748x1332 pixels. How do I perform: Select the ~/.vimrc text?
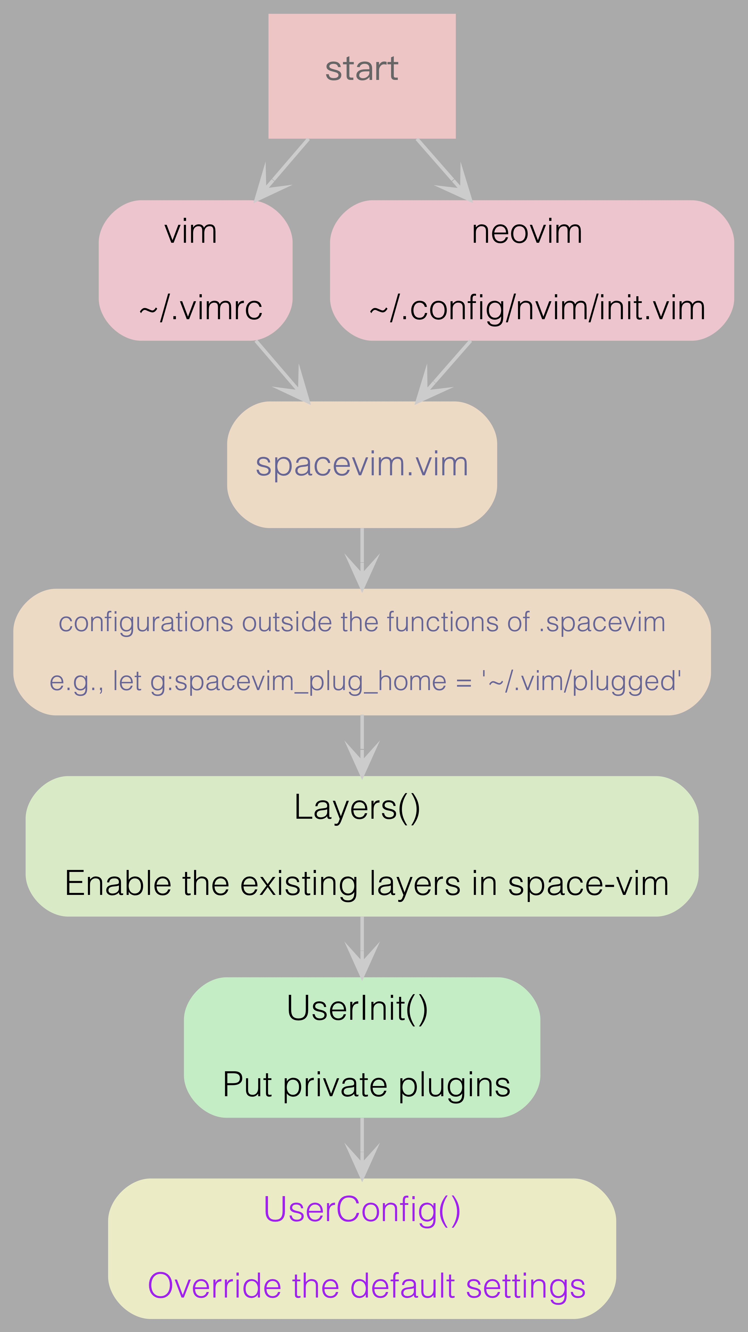click(x=201, y=308)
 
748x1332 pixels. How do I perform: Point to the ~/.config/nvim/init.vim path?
click(x=537, y=308)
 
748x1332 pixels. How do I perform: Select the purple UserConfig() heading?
click(x=362, y=1209)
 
